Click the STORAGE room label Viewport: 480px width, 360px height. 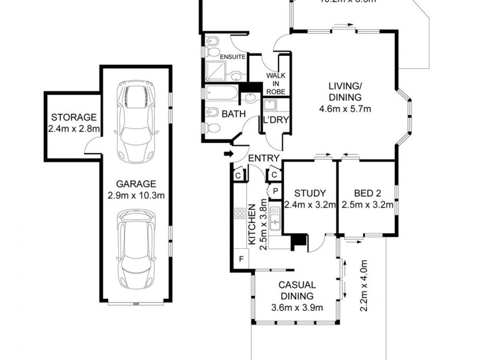point(73,117)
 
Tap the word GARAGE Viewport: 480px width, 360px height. point(137,184)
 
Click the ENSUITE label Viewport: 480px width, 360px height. point(233,58)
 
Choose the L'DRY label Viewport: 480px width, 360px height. point(276,120)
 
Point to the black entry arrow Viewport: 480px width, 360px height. point(228,155)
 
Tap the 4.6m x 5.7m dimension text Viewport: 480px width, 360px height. point(344,109)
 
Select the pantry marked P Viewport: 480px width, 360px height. point(275,190)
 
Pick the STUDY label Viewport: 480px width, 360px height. point(310,193)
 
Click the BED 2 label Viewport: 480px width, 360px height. point(366,193)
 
